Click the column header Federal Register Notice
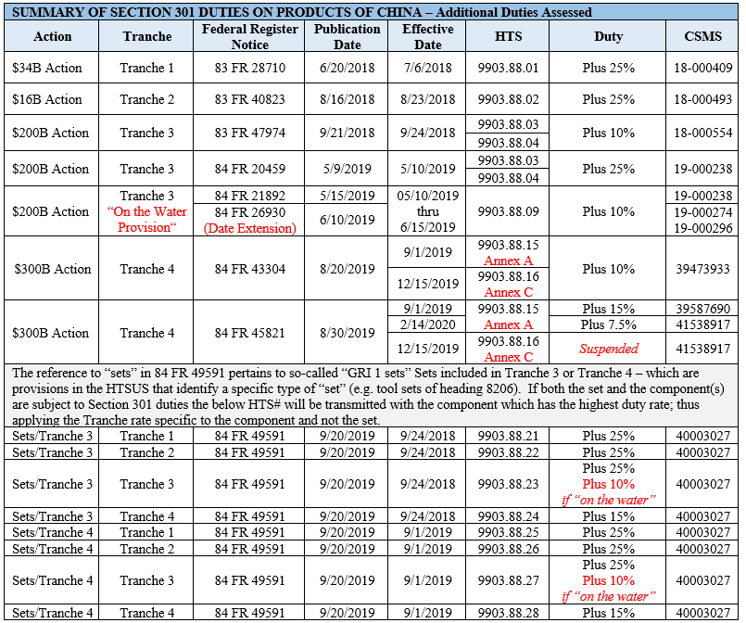pos(249,36)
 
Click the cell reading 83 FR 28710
pos(249,68)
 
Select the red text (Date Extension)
pos(249,228)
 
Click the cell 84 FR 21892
pos(249,196)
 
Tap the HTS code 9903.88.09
pos(508,211)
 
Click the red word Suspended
pos(609,350)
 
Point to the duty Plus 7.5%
pos(609,324)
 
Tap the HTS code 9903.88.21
pos(508,437)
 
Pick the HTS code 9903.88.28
pos(508,613)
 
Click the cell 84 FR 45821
pos(249,333)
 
